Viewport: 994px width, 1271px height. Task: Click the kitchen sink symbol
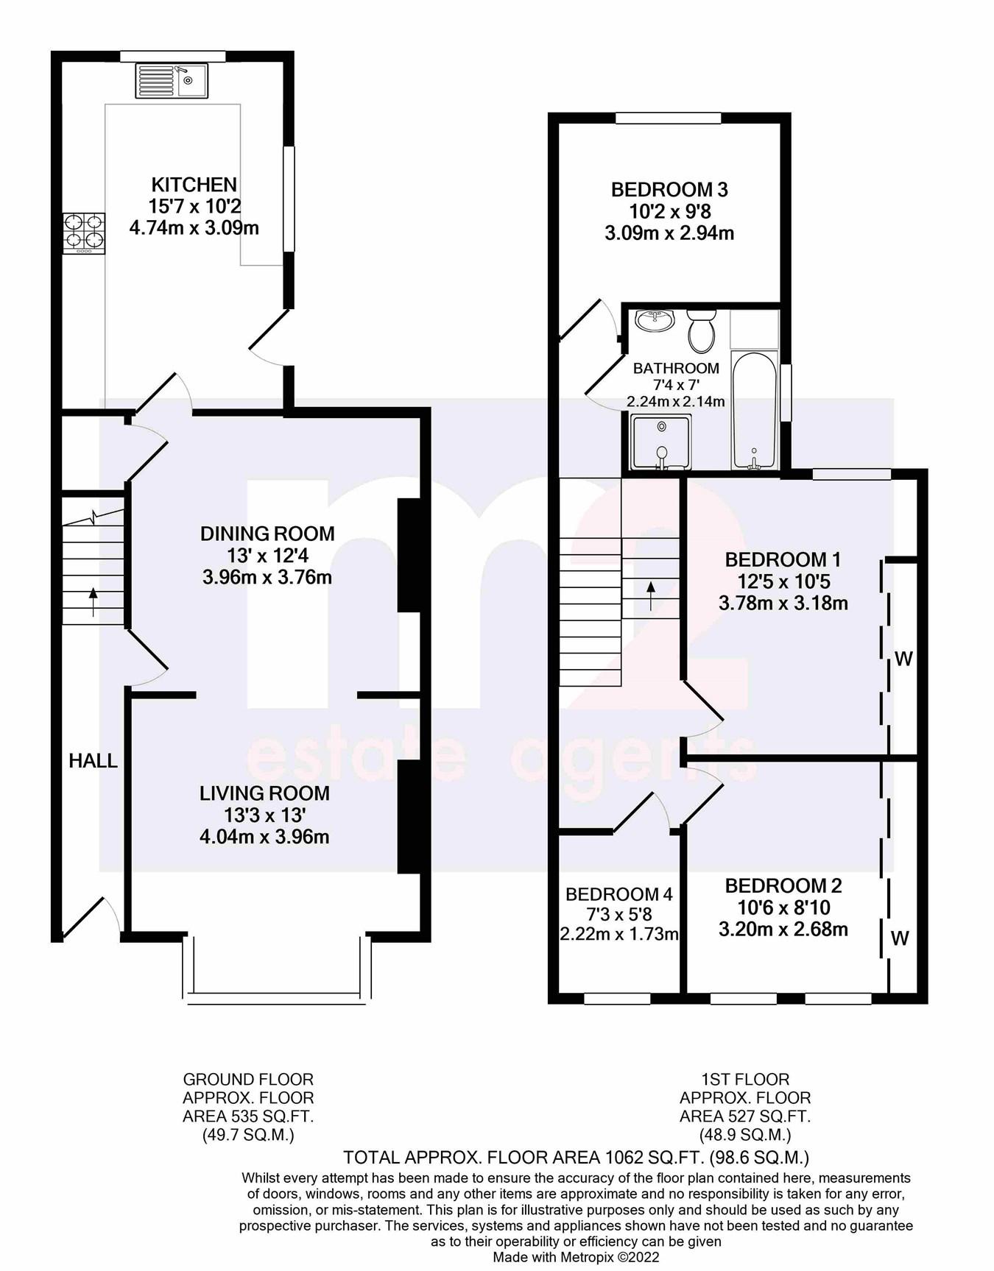172,80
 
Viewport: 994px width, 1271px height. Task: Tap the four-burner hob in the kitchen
83,233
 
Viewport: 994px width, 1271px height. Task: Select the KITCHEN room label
194,185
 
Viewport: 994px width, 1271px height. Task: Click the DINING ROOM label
267,534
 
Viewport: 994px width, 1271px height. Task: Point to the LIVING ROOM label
264,793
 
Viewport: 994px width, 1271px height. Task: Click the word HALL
93,761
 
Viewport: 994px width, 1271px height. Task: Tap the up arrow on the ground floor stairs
93,600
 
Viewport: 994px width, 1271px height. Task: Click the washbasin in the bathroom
655,320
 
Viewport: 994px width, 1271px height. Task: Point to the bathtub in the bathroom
754,411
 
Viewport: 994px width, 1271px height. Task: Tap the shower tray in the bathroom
661,442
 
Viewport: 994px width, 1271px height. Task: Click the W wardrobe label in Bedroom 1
903,659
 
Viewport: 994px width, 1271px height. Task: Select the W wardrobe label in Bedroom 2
900,938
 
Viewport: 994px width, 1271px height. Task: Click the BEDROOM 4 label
618,894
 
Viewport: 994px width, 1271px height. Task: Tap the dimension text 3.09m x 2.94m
669,233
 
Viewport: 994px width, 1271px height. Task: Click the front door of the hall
92,918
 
